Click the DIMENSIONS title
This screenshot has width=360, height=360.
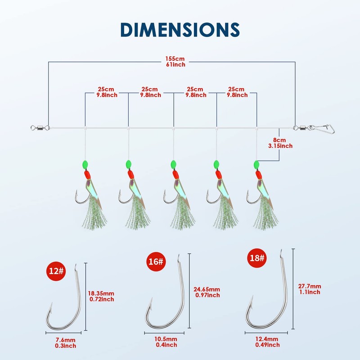180,28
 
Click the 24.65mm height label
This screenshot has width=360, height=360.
207,289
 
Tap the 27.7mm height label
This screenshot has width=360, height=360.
309,286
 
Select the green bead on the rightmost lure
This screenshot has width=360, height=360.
256,164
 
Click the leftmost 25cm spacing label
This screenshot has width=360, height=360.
107,92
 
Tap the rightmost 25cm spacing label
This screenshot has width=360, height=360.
237,92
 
